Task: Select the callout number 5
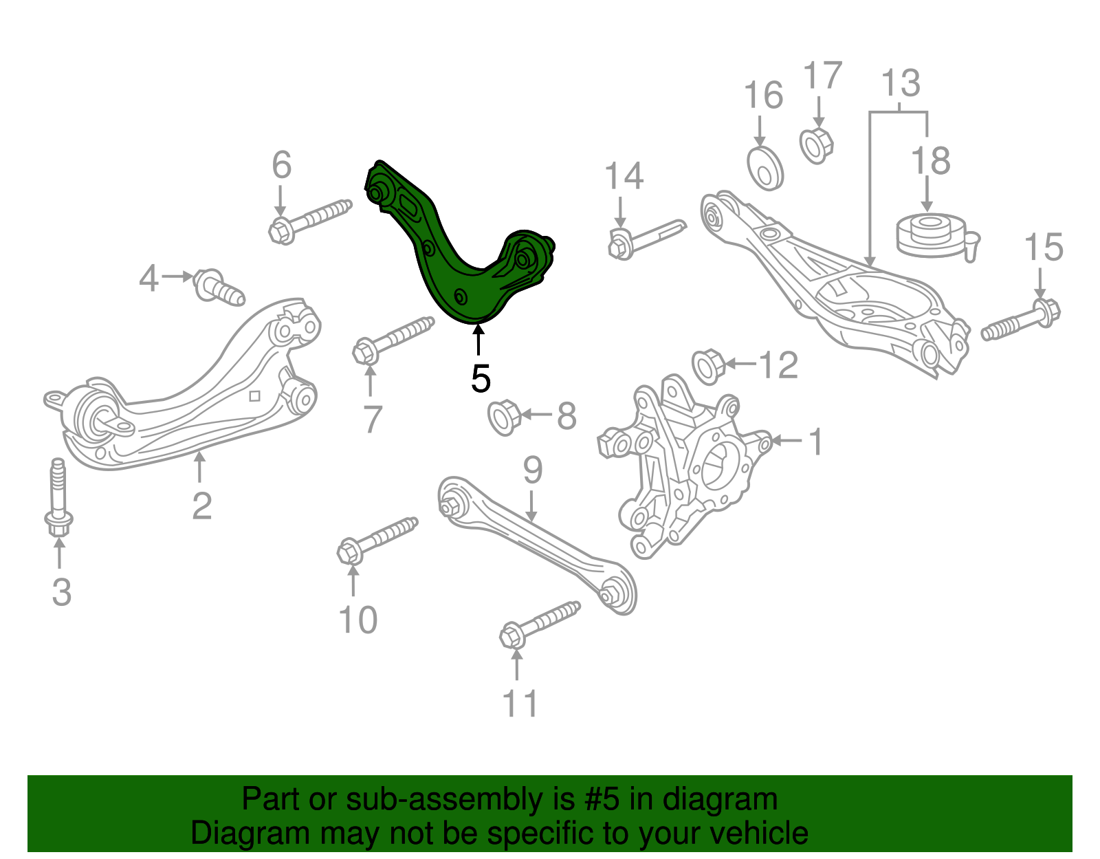[481, 378]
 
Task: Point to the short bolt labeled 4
[218, 287]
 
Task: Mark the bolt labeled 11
[540, 622]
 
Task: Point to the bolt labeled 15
[1022, 320]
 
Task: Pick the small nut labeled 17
[817, 145]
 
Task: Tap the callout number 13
[901, 83]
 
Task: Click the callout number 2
[201, 505]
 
